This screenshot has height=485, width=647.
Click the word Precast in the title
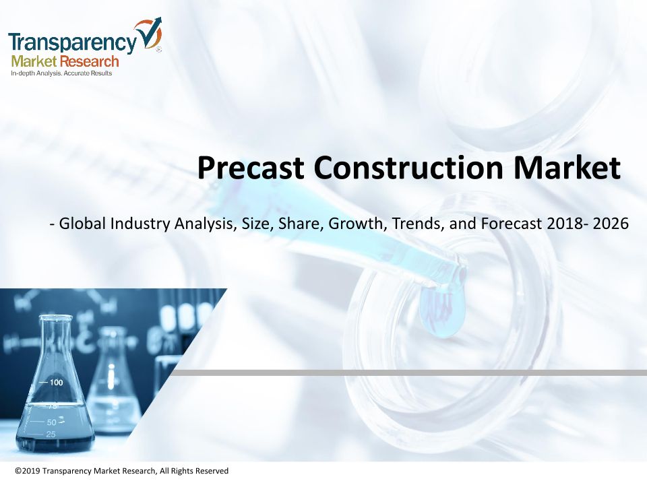pyautogui.click(x=251, y=168)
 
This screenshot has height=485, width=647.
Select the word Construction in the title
pyautogui.click(x=408, y=168)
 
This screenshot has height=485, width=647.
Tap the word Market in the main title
pyautogui.click(x=567, y=168)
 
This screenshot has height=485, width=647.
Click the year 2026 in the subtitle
pyautogui.click(x=611, y=224)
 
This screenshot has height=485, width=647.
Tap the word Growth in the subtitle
pyautogui.click(x=358, y=224)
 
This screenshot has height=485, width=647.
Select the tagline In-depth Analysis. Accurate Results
pyautogui.click(x=61, y=73)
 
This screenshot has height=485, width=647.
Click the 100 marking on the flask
pyautogui.click(x=57, y=383)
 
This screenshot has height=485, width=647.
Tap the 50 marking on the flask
pyautogui.click(x=52, y=422)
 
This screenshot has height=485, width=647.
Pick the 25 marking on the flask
pyautogui.click(x=51, y=434)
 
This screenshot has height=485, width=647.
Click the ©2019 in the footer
pyautogui.click(x=28, y=471)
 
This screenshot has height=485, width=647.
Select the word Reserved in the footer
pyautogui.click(x=212, y=471)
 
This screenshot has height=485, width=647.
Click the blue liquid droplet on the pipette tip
pyautogui.click(x=443, y=311)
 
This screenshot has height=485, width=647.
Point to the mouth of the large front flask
pyautogui.click(x=55, y=318)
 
